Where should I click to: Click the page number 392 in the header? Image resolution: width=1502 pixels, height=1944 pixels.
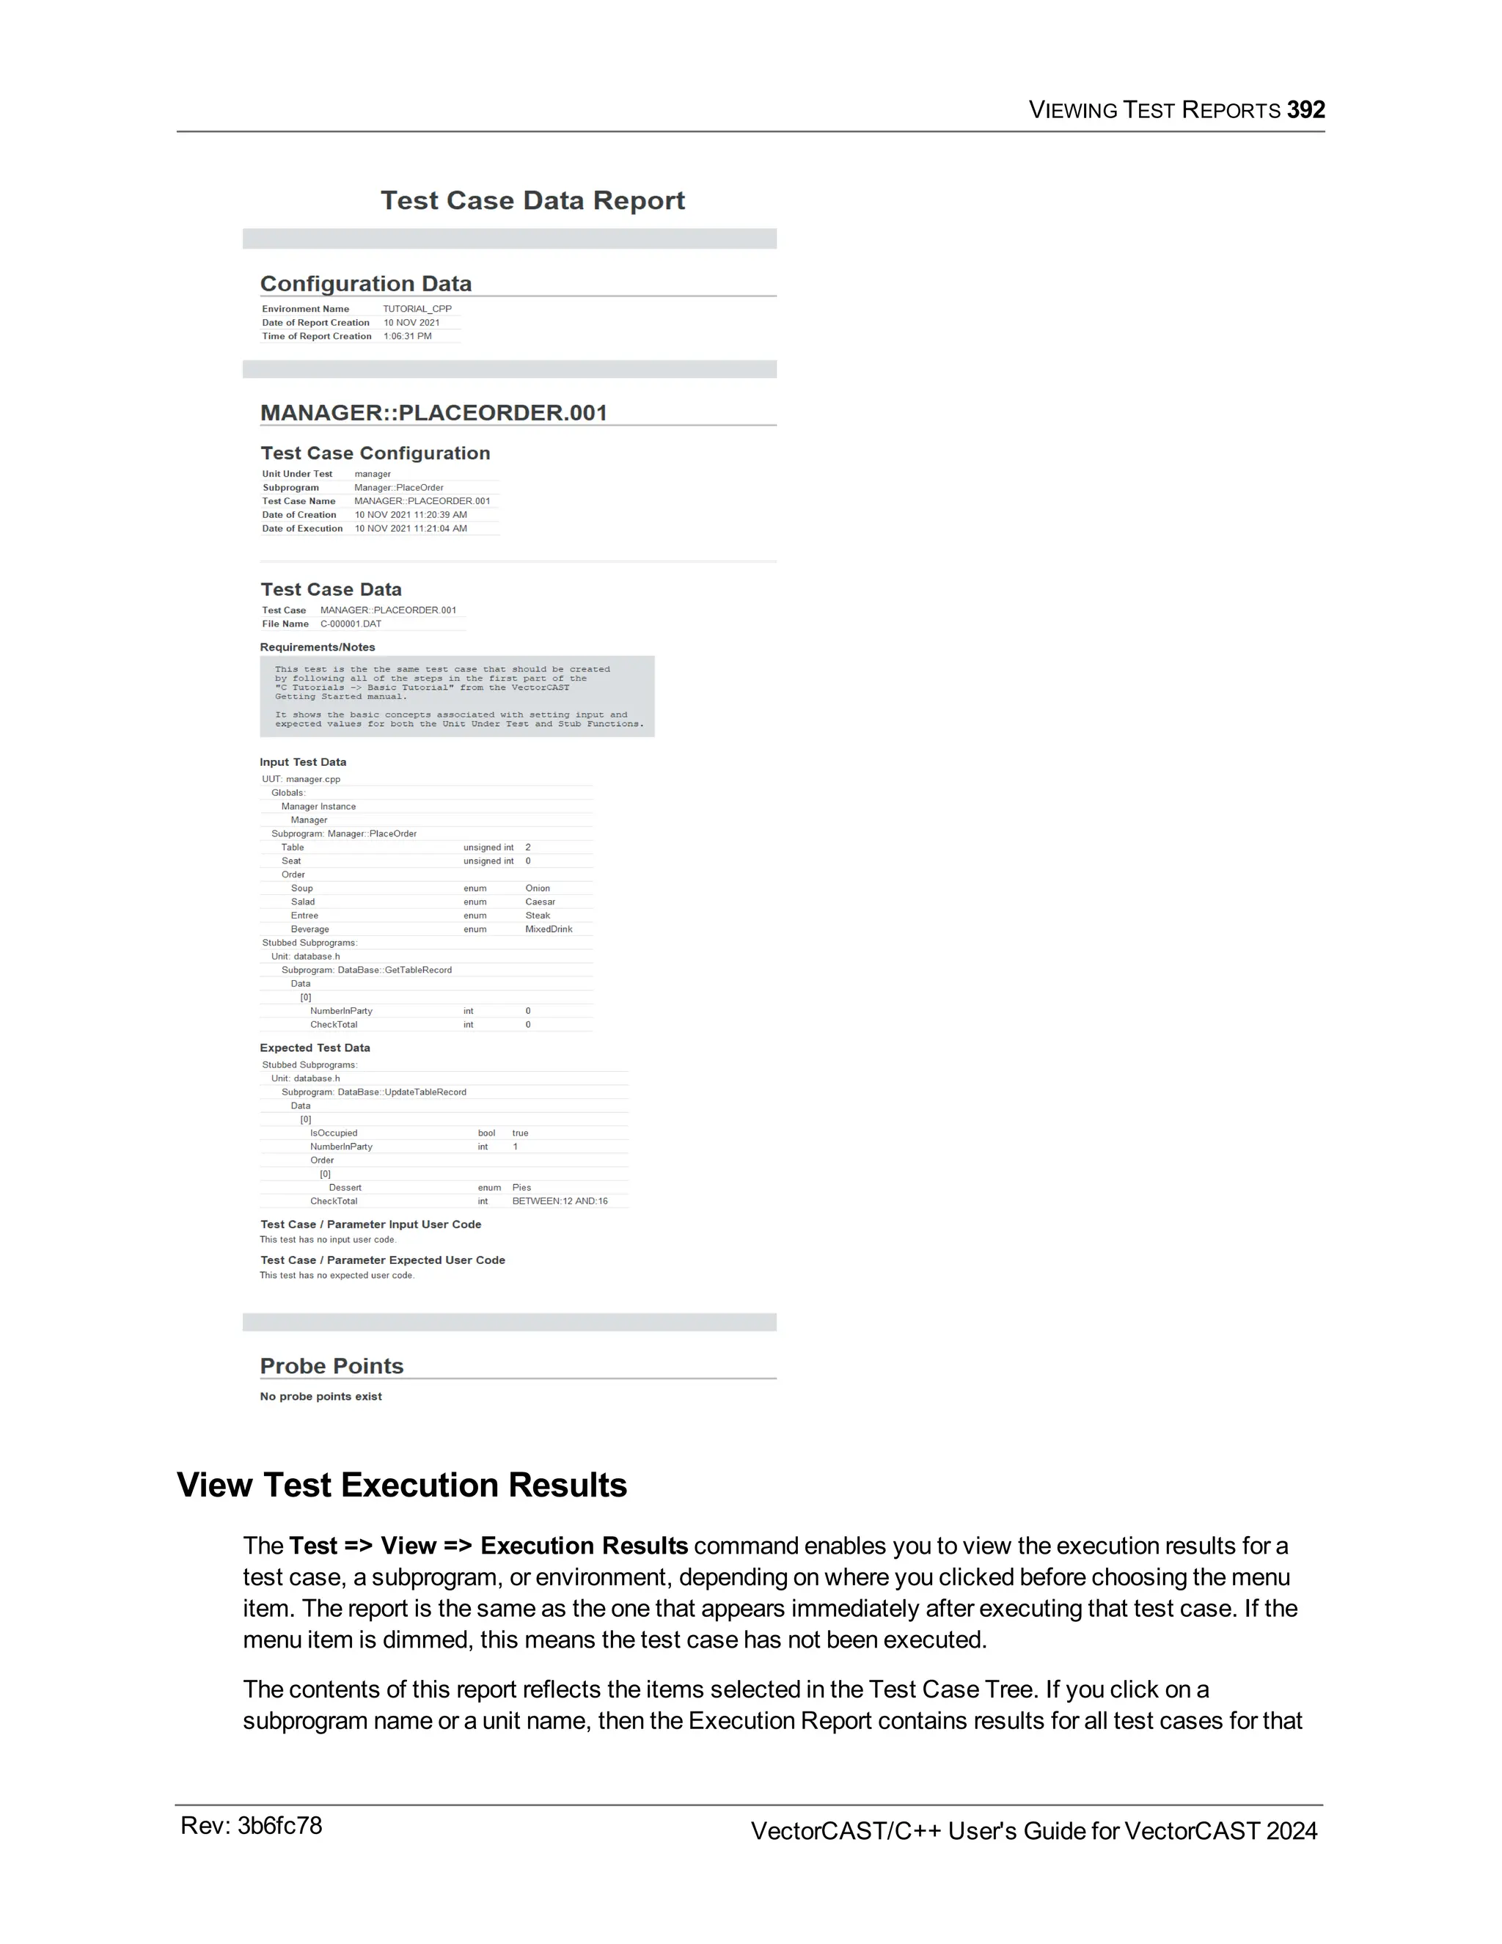pyautogui.click(x=1305, y=109)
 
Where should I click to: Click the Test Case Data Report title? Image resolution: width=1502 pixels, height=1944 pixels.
pyautogui.click(x=532, y=200)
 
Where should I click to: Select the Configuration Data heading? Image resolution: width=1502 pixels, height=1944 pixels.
pyautogui.click(x=366, y=283)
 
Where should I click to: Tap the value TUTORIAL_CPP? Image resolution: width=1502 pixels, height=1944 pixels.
pyautogui.click(x=417, y=309)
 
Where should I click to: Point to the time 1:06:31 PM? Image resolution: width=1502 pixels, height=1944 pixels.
pyautogui.click(x=408, y=337)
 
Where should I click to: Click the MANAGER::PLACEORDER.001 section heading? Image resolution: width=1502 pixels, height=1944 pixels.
pyautogui.click(x=433, y=413)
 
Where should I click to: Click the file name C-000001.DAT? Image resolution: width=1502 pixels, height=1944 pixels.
pyautogui.click(x=351, y=624)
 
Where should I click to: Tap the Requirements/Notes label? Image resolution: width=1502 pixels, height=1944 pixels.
pyautogui.click(x=317, y=647)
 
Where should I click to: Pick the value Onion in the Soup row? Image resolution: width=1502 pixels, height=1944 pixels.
pyautogui.click(x=538, y=888)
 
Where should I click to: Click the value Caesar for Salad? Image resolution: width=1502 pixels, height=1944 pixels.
pyautogui.click(x=539, y=902)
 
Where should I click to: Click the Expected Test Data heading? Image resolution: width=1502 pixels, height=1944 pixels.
pyautogui.click(x=314, y=1048)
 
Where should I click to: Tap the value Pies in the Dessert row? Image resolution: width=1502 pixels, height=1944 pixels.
pyautogui.click(x=521, y=1188)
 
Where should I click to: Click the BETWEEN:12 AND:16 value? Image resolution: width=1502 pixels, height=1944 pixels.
pyautogui.click(x=560, y=1201)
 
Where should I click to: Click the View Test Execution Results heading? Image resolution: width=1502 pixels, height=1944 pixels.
pyautogui.click(x=401, y=1485)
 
